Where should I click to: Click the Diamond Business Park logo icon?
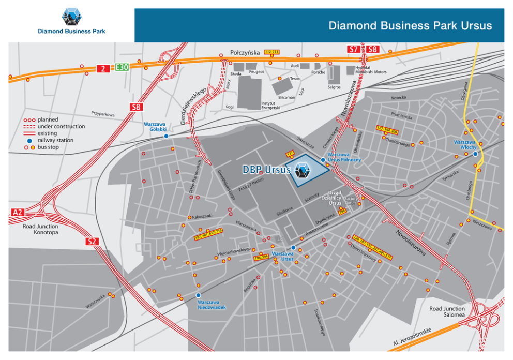click(71, 17)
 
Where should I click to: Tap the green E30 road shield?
click(122, 67)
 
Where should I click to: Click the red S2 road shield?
click(93, 241)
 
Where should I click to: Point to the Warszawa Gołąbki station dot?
click(166, 136)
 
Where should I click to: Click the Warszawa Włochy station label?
click(464, 144)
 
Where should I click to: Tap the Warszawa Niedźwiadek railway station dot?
click(199, 295)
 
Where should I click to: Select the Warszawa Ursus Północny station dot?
click(323, 160)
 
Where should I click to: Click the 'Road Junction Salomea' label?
click(447, 311)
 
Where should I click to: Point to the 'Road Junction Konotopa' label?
click(40, 229)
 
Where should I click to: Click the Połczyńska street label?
click(244, 53)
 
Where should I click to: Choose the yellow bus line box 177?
click(290, 154)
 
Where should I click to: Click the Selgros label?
click(334, 87)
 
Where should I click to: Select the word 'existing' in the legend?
click(48, 133)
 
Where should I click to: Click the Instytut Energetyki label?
click(270, 105)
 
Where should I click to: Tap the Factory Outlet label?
click(351, 201)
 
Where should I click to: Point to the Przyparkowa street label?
click(102, 113)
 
